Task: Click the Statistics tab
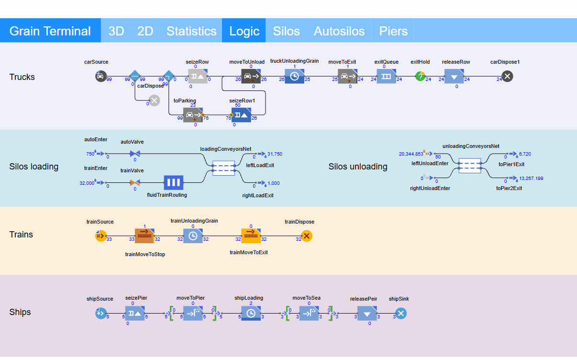[x=191, y=31]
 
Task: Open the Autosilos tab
[x=339, y=31]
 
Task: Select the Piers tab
[x=393, y=31]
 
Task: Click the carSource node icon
[x=100, y=76]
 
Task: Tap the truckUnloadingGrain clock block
[x=294, y=76]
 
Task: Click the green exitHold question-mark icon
[x=420, y=76]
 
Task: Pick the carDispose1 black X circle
[x=507, y=76]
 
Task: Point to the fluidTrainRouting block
[x=174, y=182]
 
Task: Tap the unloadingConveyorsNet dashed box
[x=470, y=166]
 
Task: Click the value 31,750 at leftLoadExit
[x=275, y=154]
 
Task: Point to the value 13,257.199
[x=531, y=179]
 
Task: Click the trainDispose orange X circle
[x=307, y=236]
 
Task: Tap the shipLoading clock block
[x=251, y=314]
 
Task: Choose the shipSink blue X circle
[x=401, y=314]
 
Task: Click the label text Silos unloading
[x=358, y=167]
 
